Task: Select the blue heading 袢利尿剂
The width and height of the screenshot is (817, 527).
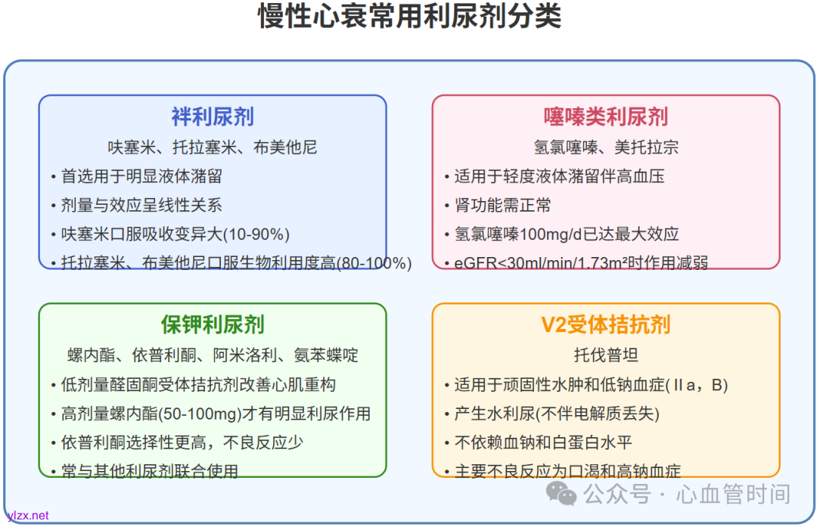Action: click(213, 116)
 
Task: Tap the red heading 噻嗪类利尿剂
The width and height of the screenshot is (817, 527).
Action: click(606, 116)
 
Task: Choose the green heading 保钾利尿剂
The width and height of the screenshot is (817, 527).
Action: click(213, 325)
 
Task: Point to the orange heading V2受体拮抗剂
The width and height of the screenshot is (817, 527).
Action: click(606, 325)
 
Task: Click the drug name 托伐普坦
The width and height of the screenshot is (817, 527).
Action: click(606, 355)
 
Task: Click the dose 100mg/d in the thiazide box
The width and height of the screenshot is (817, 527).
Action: click(542, 234)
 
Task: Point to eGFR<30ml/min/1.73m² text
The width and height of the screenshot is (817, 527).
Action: click(533, 263)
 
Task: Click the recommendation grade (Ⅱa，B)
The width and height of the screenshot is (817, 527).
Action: click(697, 385)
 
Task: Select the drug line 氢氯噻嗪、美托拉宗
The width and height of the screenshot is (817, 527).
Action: click(606, 147)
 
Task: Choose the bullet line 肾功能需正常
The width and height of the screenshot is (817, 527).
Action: click(503, 205)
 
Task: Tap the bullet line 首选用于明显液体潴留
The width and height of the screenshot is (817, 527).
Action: click(141, 176)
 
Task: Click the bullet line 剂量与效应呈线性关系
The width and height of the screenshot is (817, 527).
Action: click(141, 205)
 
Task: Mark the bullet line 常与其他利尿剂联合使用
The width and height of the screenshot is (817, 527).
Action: click(150, 472)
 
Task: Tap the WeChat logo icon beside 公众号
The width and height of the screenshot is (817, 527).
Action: click(561, 494)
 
